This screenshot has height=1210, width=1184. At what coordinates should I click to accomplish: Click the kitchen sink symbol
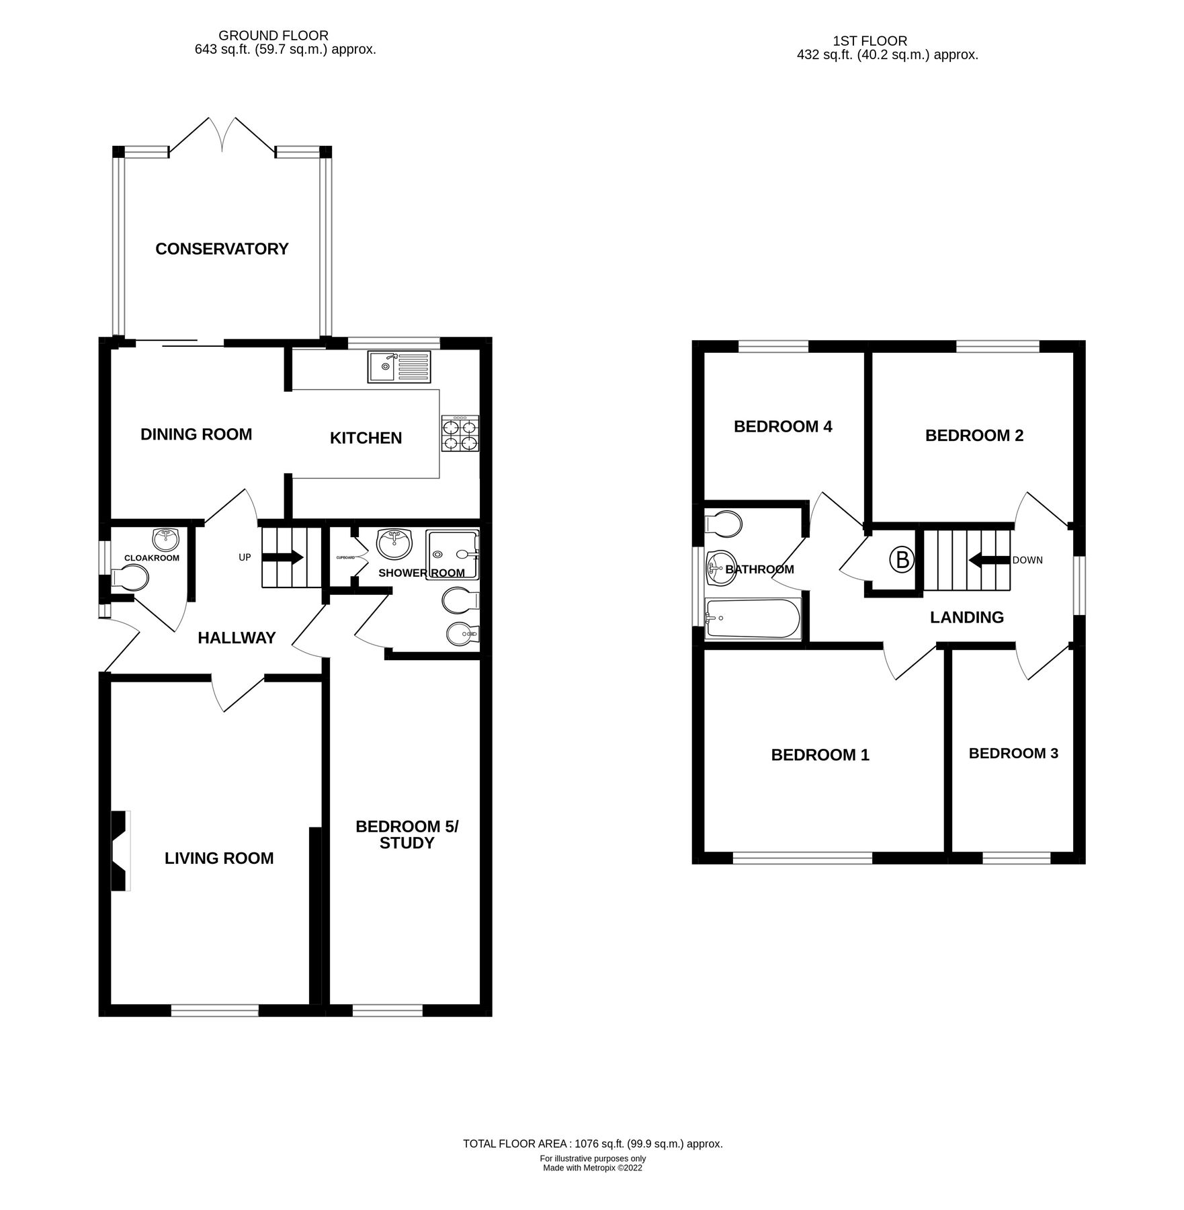(398, 366)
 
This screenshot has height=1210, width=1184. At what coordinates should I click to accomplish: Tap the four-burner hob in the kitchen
(460, 434)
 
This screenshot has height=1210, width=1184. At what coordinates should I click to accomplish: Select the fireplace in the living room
(120, 851)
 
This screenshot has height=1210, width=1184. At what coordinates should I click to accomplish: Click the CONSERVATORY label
(222, 249)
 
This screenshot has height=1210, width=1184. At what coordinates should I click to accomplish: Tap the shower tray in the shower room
(453, 555)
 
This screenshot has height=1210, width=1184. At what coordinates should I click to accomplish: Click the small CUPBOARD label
(345, 558)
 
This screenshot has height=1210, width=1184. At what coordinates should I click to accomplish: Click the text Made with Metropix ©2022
(593, 1168)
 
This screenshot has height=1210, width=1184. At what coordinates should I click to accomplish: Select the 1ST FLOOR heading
(870, 41)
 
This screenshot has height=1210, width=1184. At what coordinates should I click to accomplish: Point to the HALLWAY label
(237, 638)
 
